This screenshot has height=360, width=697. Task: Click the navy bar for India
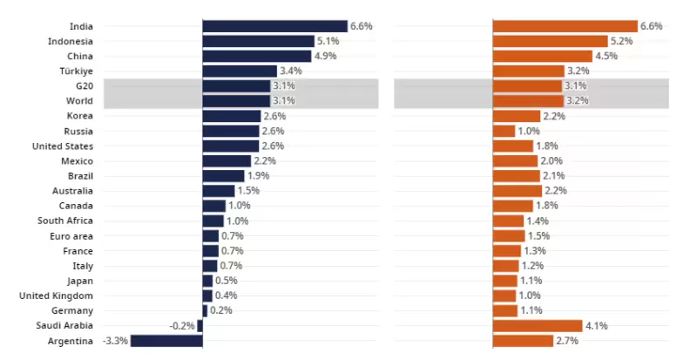(x=274, y=26)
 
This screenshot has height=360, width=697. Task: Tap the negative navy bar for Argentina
(x=166, y=341)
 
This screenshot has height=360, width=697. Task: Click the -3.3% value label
(x=115, y=341)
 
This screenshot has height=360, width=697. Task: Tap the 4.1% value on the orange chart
(x=596, y=325)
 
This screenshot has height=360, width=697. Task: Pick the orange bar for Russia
(x=504, y=131)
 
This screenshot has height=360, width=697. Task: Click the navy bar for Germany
(x=205, y=310)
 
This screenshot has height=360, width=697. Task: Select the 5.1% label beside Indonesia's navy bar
(x=328, y=41)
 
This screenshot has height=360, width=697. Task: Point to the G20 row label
(x=85, y=86)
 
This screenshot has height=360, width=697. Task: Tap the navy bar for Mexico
(x=227, y=161)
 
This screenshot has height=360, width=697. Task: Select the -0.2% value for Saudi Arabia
(x=182, y=325)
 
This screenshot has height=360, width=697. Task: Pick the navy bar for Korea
(x=231, y=116)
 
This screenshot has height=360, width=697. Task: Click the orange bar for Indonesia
(x=550, y=41)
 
